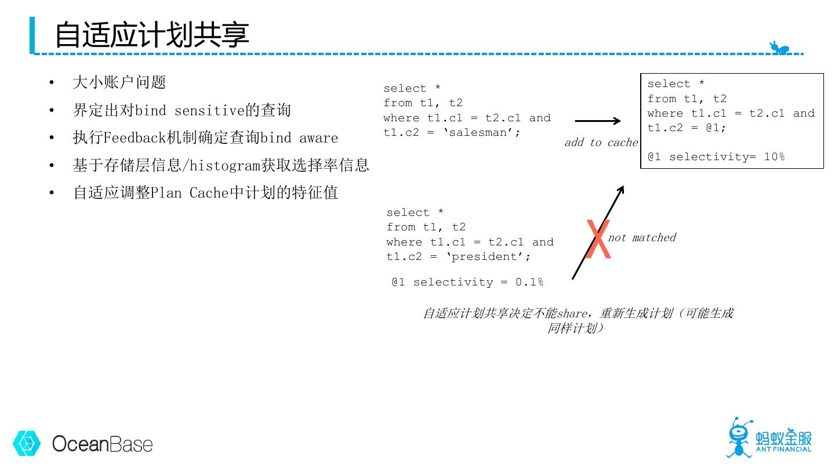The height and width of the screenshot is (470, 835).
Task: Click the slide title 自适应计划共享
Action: [152, 35]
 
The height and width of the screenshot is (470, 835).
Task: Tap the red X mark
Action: [598, 240]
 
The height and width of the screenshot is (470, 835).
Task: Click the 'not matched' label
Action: [642, 237]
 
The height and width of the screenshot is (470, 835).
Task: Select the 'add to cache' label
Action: [601, 143]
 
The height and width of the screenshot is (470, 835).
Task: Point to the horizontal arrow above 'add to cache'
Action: [597, 121]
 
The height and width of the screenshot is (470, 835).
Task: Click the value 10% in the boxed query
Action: [774, 157]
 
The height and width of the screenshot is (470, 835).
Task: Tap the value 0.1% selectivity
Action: [529, 282]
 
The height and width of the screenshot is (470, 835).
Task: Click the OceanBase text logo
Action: [103, 444]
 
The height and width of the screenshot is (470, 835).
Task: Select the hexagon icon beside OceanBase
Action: [27, 444]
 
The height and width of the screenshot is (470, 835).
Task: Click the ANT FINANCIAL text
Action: [783, 449]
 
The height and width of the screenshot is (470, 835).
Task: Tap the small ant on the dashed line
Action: [779, 48]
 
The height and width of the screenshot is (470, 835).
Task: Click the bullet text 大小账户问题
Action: [119, 82]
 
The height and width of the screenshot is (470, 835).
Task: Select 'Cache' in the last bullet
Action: [209, 193]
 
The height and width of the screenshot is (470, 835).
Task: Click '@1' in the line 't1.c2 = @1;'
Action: [713, 128]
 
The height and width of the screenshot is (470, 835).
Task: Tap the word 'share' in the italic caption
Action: [572, 313]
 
